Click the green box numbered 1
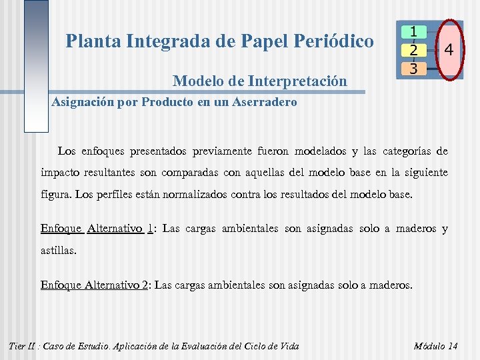click(x=414, y=31)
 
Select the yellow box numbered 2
click(x=414, y=50)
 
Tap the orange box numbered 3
click(x=414, y=68)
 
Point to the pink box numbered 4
click(x=450, y=50)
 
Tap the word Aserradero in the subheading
click(x=262, y=103)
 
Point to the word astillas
click(x=58, y=251)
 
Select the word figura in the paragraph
click(x=56, y=195)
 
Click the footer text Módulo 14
click(x=436, y=346)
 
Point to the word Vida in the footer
click(x=288, y=346)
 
